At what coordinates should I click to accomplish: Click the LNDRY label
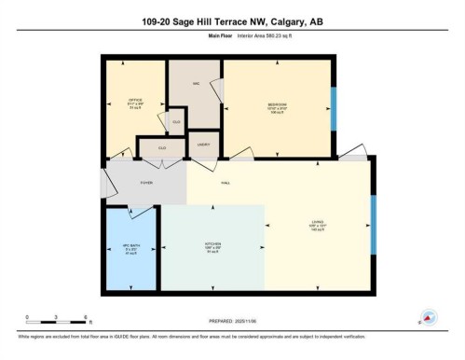pyautogui.click(x=203, y=145)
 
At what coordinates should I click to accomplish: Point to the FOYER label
pyautogui.click(x=146, y=184)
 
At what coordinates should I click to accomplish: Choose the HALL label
pyautogui.click(x=226, y=184)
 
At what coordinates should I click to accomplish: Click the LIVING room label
pyautogui.click(x=318, y=222)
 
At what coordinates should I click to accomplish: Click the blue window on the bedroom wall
pyautogui.click(x=334, y=110)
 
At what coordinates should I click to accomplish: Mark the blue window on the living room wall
pyautogui.click(x=373, y=227)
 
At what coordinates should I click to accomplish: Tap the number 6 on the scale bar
pyautogui.click(x=86, y=317)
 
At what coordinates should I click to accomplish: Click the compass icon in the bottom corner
pyautogui.click(x=430, y=318)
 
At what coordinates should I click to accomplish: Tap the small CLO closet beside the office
pyautogui.click(x=176, y=121)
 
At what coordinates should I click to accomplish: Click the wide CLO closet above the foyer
pyautogui.click(x=161, y=147)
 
